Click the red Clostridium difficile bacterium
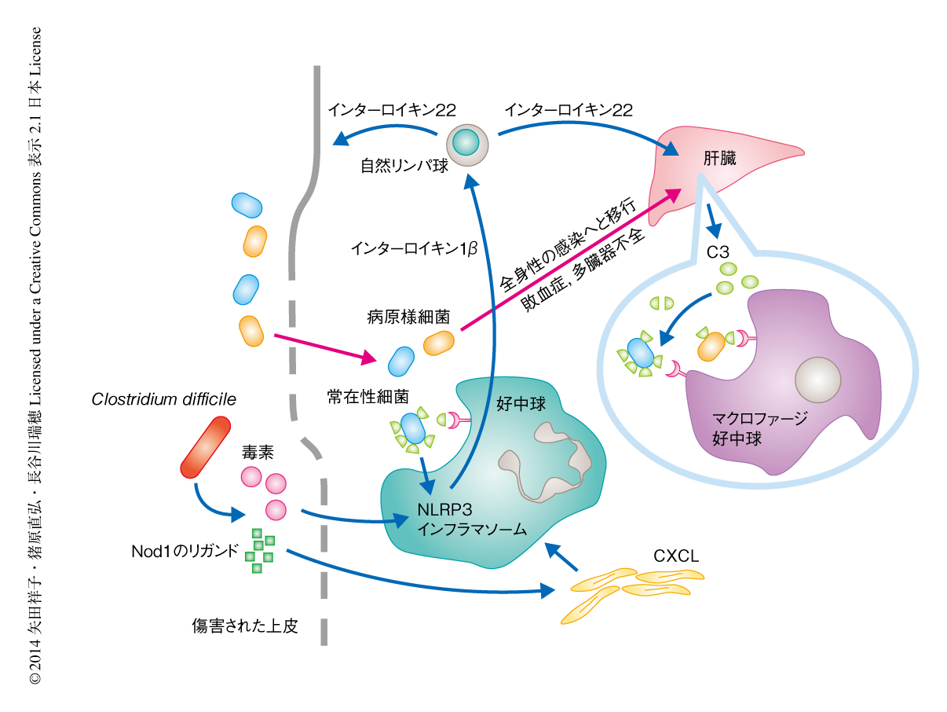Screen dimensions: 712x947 (x=205, y=448)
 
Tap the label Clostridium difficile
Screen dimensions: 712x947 (x=163, y=399)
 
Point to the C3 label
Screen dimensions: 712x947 (x=718, y=252)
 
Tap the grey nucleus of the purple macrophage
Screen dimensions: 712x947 (x=817, y=380)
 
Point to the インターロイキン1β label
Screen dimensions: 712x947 (x=414, y=248)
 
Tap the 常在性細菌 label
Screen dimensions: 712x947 (x=367, y=397)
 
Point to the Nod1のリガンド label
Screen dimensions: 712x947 (x=184, y=550)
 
